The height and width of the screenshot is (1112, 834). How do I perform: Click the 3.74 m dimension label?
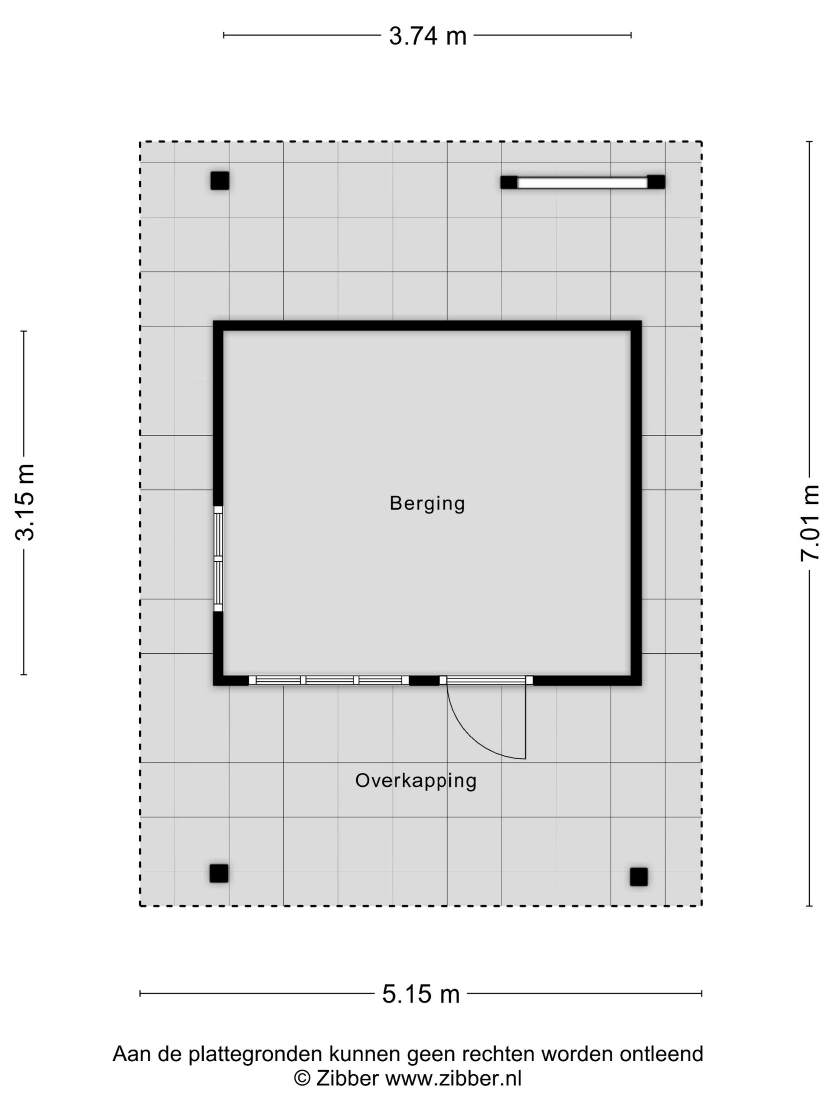[x=428, y=36]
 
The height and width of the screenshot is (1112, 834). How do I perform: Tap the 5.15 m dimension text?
[x=421, y=994]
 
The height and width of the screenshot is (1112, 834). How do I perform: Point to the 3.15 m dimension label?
[x=24, y=502]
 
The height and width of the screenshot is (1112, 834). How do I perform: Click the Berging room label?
[x=427, y=503]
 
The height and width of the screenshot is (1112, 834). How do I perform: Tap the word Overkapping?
[x=416, y=781]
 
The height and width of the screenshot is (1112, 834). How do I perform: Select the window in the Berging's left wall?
[x=218, y=558]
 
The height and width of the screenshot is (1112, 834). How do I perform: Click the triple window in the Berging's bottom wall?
[x=329, y=680]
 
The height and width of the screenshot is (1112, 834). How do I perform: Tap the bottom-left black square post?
[x=218, y=873]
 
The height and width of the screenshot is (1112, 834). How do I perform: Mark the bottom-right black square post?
[x=639, y=877]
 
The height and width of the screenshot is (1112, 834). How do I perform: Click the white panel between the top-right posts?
[x=582, y=182]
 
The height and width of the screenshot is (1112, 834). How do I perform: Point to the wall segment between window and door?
[x=424, y=680]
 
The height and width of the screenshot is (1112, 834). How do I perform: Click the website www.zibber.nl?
[x=453, y=1078]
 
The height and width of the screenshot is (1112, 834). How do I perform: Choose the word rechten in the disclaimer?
[x=498, y=1053]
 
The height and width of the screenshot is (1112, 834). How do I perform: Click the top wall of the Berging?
[x=427, y=326]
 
